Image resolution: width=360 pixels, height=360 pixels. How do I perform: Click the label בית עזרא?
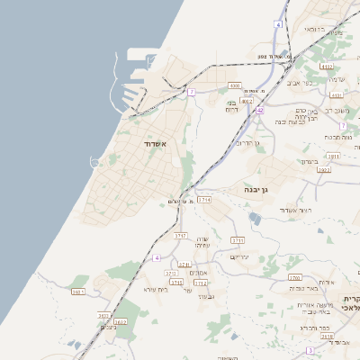pyautogui.click(x=156, y=289)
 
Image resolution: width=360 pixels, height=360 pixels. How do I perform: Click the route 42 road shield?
pyautogui.click(x=258, y=110)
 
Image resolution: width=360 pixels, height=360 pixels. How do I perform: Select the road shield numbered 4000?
pyautogui.click(x=235, y=85)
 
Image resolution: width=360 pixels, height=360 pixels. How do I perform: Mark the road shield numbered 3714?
pyautogui.click(x=205, y=200)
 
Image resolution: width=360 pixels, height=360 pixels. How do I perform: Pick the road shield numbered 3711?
pyautogui.click(x=238, y=240)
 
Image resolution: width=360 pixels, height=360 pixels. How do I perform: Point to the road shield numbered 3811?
pyautogui.click(x=334, y=156)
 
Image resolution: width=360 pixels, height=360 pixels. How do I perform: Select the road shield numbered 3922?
pyautogui.click(x=324, y=169)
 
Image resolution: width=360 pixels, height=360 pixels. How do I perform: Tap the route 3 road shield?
pyautogui.click(x=310, y=349)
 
